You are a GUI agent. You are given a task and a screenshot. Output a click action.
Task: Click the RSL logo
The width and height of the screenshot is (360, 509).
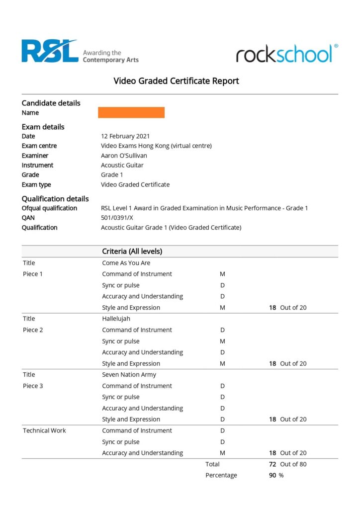[x=50, y=51]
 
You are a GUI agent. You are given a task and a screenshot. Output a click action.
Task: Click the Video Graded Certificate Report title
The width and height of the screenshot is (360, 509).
[x=176, y=81]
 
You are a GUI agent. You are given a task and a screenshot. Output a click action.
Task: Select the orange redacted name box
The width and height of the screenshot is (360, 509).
[x=131, y=112]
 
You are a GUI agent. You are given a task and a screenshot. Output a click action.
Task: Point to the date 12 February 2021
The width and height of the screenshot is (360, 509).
[x=125, y=136]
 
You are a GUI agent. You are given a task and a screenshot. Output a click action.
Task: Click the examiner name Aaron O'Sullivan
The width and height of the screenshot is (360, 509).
[x=124, y=156]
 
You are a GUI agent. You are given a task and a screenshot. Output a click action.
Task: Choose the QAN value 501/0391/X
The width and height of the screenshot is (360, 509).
[x=117, y=218]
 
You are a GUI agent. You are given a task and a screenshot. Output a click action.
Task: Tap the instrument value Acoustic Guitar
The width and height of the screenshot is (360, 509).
[x=122, y=165]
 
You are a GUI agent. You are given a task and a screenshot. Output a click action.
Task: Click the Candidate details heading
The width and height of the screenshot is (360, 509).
[x=51, y=103]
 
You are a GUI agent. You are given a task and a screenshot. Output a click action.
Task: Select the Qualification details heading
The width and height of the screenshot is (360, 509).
[x=55, y=199]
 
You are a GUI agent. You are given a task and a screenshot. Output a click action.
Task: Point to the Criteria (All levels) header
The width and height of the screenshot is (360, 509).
[x=132, y=252]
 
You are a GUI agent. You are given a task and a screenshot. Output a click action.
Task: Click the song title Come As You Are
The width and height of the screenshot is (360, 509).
[x=126, y=263]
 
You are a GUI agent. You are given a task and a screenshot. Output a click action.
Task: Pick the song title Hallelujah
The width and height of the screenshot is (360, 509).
[x=116, y=319]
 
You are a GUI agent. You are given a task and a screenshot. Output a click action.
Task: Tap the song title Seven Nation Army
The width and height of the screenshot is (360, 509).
[x=129, y=375]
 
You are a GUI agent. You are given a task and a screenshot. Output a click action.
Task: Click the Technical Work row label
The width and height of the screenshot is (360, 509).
[x=44, y=430]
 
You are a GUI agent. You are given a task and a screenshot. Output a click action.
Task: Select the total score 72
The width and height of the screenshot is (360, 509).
[x=272, y=464]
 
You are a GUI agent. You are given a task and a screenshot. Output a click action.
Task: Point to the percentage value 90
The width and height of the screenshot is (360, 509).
[x=272, y=475]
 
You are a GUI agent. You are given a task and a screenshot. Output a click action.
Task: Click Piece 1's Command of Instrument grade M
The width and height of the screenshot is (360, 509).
[x=222, y=274]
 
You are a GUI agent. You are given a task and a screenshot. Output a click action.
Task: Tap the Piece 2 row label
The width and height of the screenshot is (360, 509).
[x=33, y=330]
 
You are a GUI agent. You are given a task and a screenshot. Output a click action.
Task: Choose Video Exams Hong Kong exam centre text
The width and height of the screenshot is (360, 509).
[x=156, y=146]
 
